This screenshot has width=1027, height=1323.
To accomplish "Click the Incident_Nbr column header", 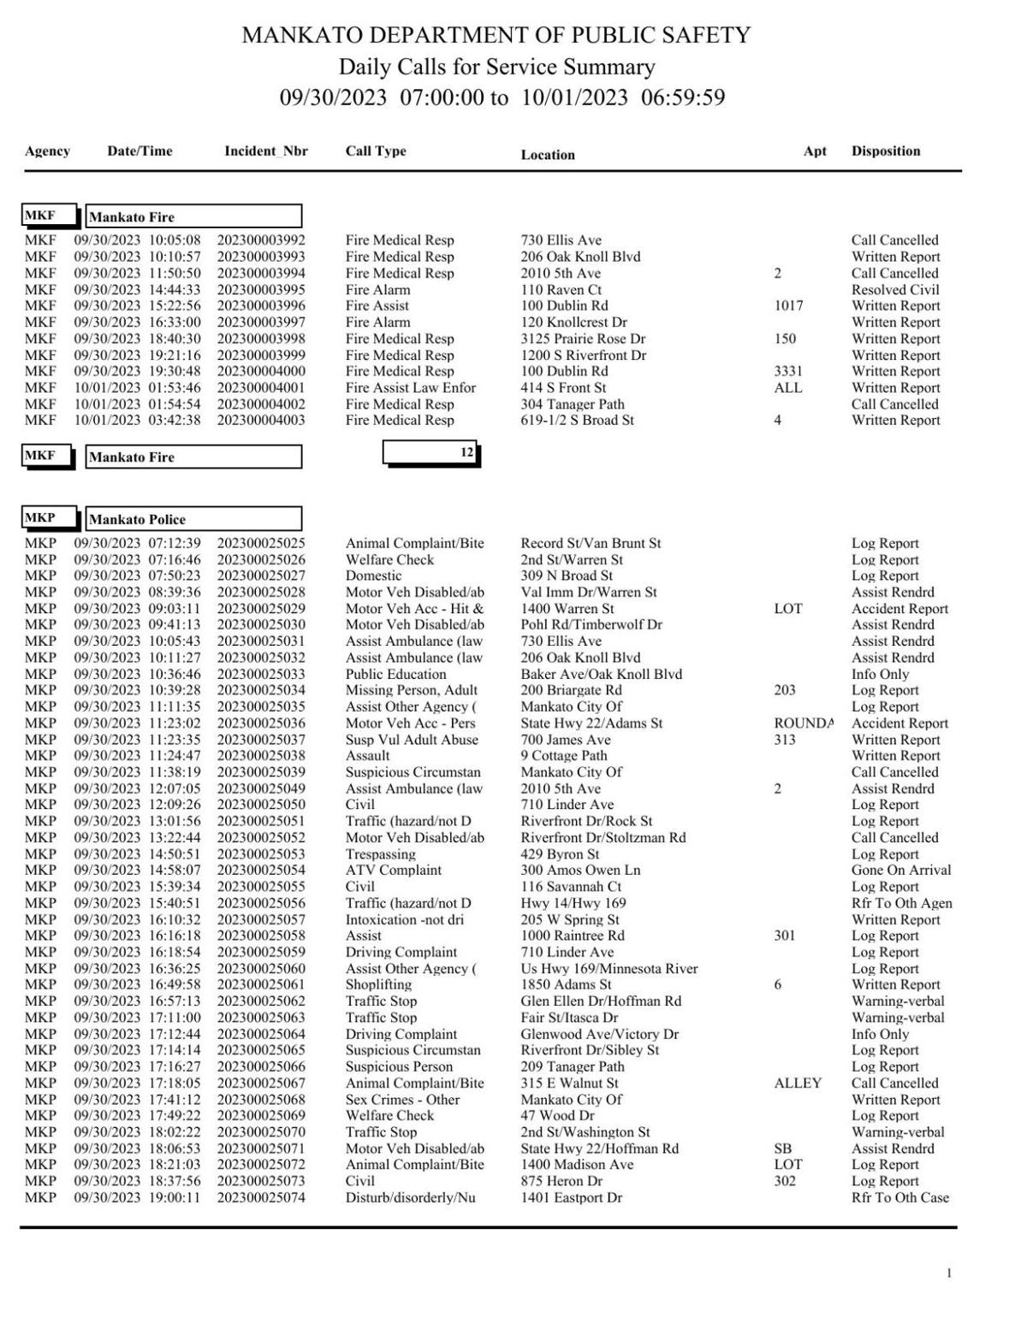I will tap(265, 151).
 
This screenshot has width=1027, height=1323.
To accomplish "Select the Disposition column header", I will tap(885, 151).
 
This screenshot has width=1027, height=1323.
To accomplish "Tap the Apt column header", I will tap(815, 151).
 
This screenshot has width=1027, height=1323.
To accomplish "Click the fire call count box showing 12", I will tap(431, 452).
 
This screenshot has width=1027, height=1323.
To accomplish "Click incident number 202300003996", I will tap(260, 306).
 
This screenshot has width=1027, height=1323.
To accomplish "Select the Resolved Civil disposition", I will tap(894, 290).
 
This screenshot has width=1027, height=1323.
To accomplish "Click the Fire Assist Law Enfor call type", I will tap(410, 387).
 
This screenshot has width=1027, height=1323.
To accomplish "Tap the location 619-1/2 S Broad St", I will tap(577, 421).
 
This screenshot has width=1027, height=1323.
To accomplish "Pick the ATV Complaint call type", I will tap(393, 871).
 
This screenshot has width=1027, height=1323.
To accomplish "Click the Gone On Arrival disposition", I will tap(900, 871).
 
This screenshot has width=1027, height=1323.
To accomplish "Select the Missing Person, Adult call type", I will tap(411, 690).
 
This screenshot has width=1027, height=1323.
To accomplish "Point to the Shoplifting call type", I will tap(378, 984).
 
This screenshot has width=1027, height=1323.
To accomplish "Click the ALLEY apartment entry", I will tap(797, 1083).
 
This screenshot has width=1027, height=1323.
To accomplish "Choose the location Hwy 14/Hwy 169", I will tap(573, 903).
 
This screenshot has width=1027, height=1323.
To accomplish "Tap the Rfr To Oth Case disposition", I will tap(899, 1197).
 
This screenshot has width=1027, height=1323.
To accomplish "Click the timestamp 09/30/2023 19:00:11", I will tap(137, 1197).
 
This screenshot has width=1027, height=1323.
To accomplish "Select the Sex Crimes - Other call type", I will tap(402, 1100).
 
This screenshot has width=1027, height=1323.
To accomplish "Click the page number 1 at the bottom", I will tap(948, 1273).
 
